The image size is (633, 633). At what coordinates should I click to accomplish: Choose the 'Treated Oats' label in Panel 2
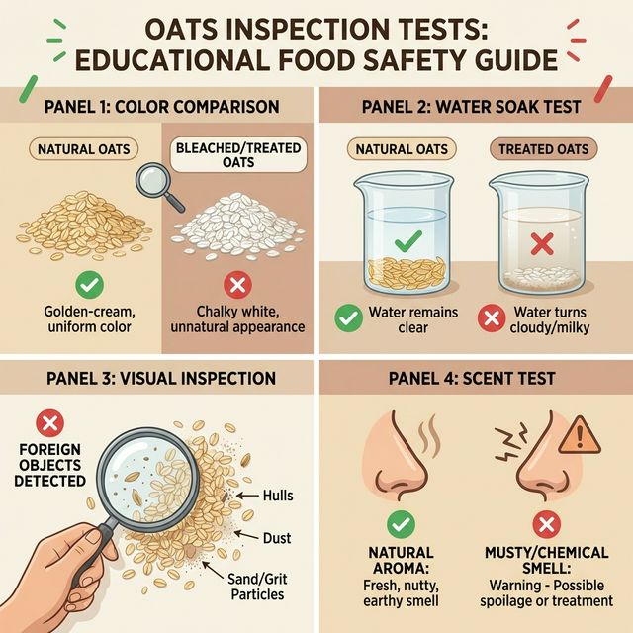[x=543, y=150]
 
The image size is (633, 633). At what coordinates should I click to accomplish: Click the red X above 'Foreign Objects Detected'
[x=48, y=424]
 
